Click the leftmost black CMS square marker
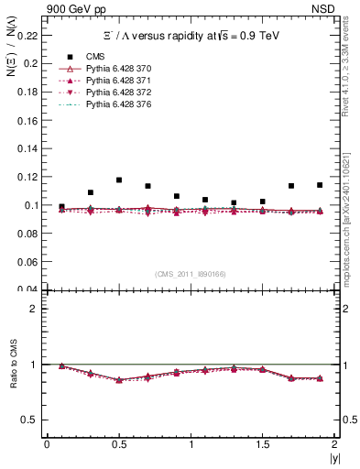(x=61, y=207)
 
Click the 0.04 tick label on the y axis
(x=29, y=290)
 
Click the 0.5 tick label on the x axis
(x=118, y=444)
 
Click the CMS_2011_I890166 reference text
(x=191, y=274)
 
